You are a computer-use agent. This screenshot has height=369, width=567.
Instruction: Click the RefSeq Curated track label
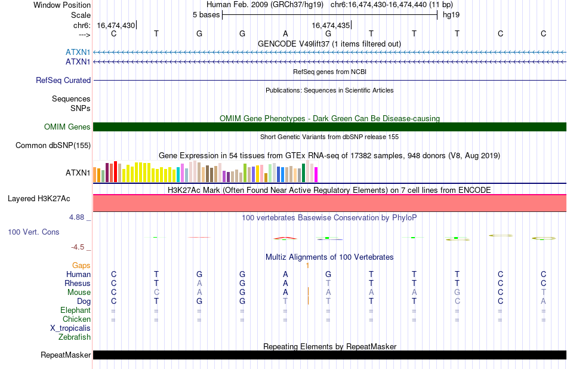click(x=63, y=81)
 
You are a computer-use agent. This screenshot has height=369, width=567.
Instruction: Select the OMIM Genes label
click(x=67, y=127)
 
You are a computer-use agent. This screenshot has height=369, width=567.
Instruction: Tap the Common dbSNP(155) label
click(x=53, y=146)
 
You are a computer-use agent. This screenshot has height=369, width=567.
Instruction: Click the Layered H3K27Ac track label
click(x=39, y=199)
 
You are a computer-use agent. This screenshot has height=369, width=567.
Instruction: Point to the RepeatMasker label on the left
click(x=66, y=355)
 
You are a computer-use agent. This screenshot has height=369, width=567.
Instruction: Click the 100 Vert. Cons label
click(x=33, y=232)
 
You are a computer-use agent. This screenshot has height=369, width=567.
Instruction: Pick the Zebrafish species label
click(x=75, y=337)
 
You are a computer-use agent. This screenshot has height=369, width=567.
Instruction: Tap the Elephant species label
click(x=76, y=310)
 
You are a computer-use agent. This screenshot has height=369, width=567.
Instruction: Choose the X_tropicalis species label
click(x=70, y=328)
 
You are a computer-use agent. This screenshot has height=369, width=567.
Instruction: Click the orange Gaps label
click(x=81, y=266)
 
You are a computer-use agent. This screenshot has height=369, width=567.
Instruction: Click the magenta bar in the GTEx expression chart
click(x=316, y=174)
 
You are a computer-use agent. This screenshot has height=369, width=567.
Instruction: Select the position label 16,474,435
click(x=331, y=25)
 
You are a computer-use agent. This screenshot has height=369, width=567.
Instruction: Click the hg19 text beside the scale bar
click(x=451, y=15)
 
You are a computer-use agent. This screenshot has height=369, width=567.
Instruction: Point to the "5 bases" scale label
click(x=206, y=15)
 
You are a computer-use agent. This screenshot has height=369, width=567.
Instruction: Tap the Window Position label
click(x=62, y=5)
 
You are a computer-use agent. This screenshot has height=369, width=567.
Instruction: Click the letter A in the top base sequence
click(x=285, y=33)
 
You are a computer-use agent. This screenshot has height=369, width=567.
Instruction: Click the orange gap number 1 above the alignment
click(x=307, y=266)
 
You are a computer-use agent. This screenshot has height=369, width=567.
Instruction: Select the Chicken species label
click(x=76, y=319)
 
